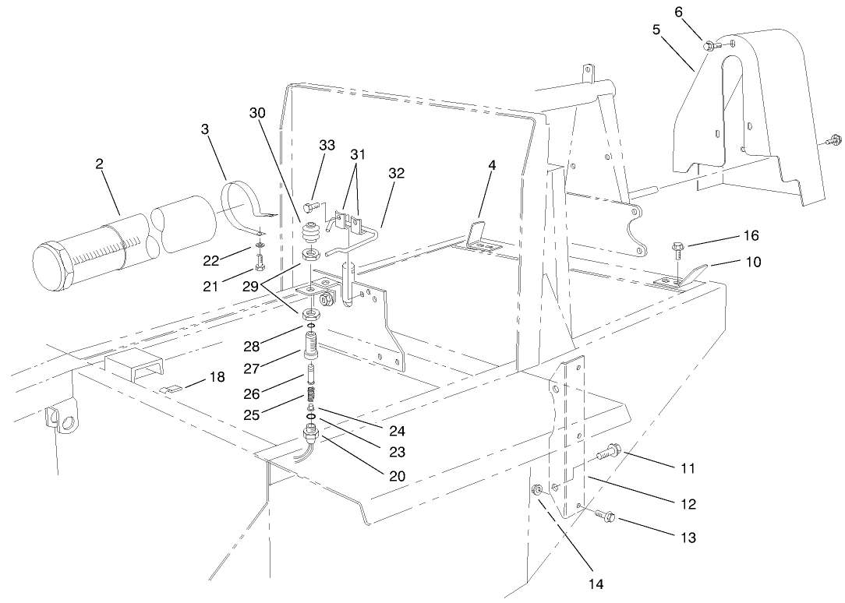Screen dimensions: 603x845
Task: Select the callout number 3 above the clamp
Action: coord(205,129)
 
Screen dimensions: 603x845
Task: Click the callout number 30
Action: coord(257,113)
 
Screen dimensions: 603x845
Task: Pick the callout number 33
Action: coord(327,145)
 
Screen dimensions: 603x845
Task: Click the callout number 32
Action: coord(397,174)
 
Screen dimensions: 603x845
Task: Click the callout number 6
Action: coord(678,12)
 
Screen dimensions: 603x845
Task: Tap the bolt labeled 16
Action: coord(677,251)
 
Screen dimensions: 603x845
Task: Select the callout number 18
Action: coord(217,377)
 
